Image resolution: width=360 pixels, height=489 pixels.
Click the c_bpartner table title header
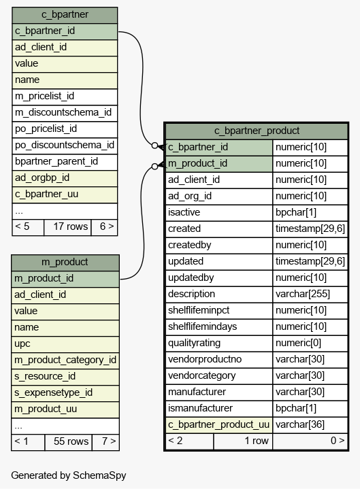point(65,15)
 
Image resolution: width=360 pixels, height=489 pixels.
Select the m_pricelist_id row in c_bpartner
point(65,97)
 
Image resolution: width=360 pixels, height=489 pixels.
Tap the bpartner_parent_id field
point(65,162)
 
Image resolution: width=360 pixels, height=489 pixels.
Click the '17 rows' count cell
point(67,227)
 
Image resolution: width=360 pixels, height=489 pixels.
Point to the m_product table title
point(65,263)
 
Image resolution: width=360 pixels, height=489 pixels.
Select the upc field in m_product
point(65,344)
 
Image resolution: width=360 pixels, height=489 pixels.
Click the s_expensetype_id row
point(65,393)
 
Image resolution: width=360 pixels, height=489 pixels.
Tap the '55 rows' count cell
point(68,442)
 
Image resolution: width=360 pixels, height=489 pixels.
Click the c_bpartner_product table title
point(257,131)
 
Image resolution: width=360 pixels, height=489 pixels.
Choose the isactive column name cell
point(219,213)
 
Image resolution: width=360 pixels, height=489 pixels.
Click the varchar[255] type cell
point(310,294)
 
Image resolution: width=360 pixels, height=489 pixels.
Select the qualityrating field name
point(219,343)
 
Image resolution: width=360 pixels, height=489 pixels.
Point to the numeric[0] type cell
point(310,343)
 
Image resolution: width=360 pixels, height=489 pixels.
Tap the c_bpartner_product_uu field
point(219,425)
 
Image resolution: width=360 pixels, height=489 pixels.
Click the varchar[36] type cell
point(310,425)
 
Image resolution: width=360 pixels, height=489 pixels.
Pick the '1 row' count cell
point(243,441)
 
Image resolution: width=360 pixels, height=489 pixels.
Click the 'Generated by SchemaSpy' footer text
point(69,475)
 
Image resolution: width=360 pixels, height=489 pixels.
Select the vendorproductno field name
point(219,360)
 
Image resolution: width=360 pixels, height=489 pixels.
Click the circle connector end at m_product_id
point(154,167)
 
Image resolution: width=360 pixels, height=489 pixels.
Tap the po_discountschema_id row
point(65,146)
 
